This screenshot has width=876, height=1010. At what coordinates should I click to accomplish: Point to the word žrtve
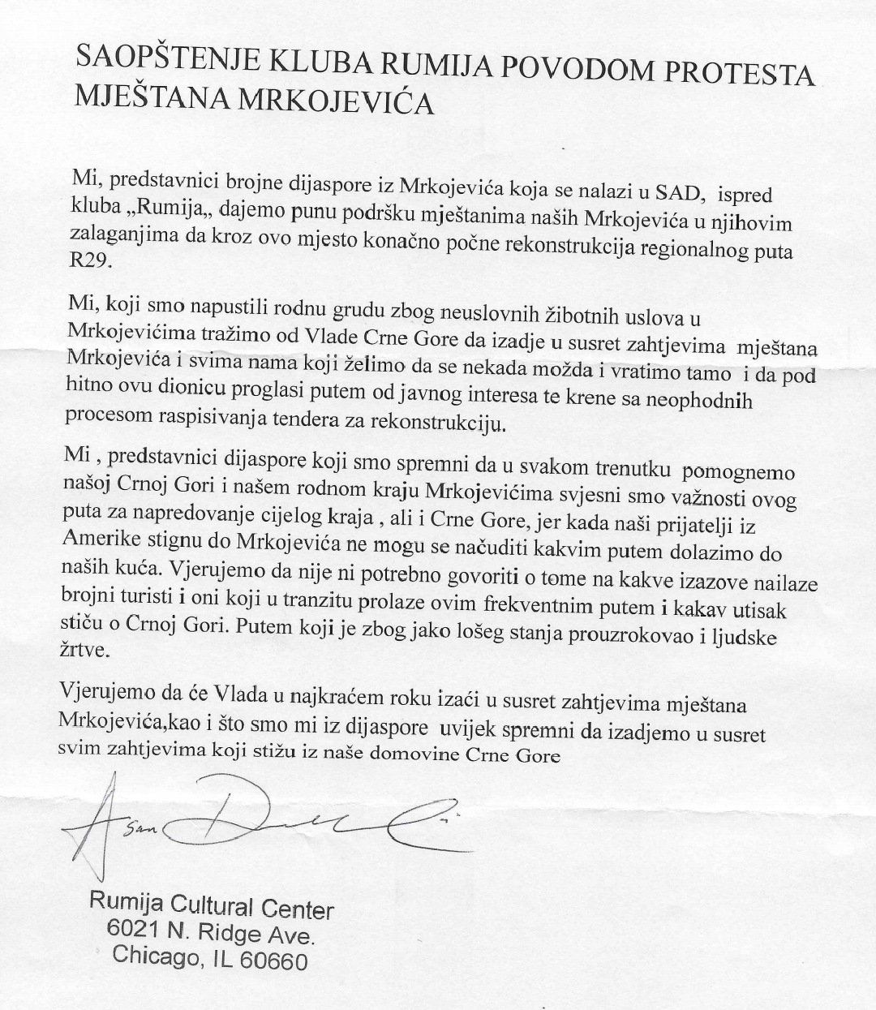pos(83,651)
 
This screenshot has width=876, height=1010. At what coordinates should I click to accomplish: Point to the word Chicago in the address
pos(154,956)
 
